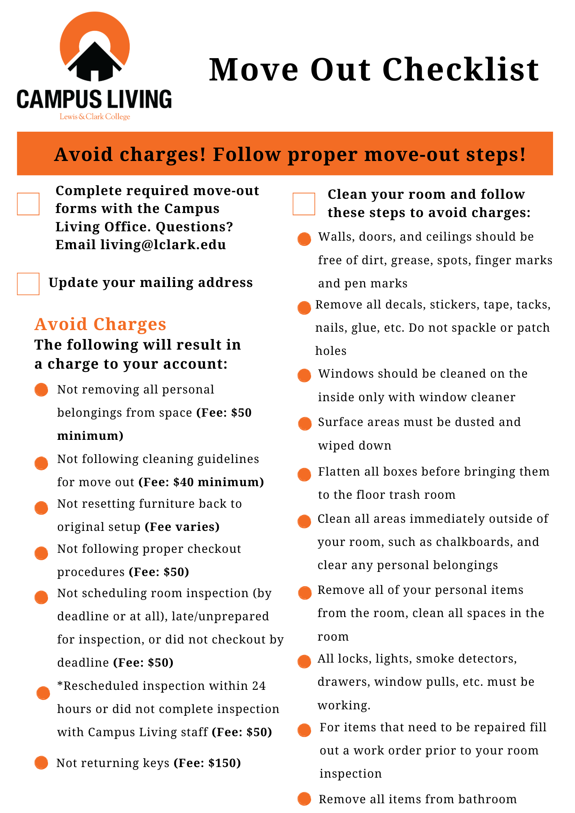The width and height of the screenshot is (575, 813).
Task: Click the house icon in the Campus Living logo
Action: click(x=95, y=61)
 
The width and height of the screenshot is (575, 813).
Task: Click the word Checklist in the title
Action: click(x=460, y=70)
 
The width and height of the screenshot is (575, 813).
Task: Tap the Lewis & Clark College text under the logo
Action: click(x=95, y=117)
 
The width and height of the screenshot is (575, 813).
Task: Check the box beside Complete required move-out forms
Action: click(x=28, y=204)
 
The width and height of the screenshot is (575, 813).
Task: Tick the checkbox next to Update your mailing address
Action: click(x=28, y=284)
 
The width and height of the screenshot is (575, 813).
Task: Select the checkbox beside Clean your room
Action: click(x=304, y=204)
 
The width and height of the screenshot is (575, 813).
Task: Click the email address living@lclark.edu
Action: click(x=163, y=245)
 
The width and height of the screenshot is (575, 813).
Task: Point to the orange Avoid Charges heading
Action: click(x=100, y=324)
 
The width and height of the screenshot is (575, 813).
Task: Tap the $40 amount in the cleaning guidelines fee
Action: click(x=183, y=482)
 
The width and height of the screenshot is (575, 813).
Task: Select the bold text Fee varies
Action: click(x=182, y=527)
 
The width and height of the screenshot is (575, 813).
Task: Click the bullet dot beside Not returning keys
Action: click(x=41, y=763)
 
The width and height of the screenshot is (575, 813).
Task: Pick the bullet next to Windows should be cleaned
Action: click(x=304, y=375)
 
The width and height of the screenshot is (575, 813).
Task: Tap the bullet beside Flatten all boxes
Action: click(x=304, y=474)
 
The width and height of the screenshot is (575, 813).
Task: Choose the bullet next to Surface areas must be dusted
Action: click(x=305, y=424)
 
